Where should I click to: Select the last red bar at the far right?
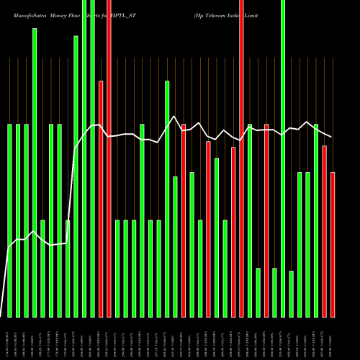coord(333,245)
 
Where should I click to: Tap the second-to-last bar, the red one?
coord(325,231)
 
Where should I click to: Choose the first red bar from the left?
coord(101,199)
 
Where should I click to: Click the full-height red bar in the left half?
coord(109,158)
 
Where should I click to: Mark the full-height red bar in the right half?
coord(242,158)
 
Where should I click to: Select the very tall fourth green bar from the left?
coord(35,173)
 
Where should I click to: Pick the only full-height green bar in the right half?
coord(283,158)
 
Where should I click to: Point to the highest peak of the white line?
coord(174,116)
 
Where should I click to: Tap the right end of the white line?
coord(332,137)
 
